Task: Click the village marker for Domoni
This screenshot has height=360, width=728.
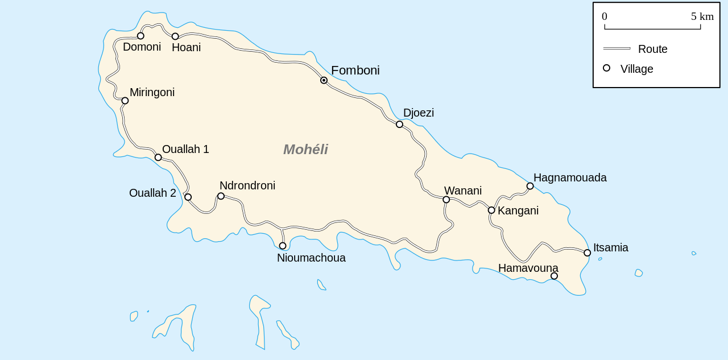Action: click(140, 36)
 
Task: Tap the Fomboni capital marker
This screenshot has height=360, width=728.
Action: click(324, 80)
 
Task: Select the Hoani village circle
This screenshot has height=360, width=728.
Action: click(175, 36)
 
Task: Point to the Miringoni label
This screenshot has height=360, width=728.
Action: click(152, 92)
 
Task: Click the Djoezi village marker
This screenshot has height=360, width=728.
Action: click(399, 124)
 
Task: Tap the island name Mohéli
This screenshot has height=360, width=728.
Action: click(305, 150)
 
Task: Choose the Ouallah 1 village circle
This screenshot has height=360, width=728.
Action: click(158, 158)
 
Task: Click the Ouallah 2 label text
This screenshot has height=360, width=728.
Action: click(152, 193)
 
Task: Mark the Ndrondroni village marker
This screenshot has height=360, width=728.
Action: click(221, 196)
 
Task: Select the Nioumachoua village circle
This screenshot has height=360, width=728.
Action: click(283, 246)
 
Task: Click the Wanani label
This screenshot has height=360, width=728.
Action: click(462, 191)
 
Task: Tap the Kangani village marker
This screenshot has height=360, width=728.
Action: click(491, 210)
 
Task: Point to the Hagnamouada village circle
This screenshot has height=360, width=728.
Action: click(530, 186)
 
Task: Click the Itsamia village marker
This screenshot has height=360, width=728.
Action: click(587, 253)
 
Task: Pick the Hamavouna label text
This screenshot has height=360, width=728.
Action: click(528, 268)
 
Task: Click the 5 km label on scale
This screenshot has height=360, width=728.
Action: click(702, 16)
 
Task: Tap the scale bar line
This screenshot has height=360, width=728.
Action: click(652, 28)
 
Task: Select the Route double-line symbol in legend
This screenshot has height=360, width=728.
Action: click(617, 48)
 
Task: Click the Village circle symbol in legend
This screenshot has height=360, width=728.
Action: click(606, 68)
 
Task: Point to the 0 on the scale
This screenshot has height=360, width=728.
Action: click(605, 16)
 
